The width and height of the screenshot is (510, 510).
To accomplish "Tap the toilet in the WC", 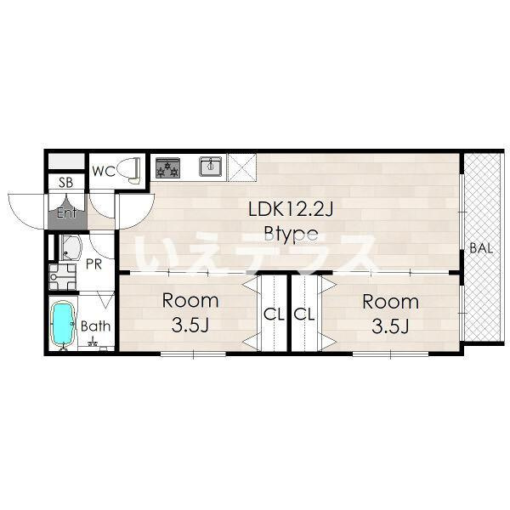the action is [x=131, y=170].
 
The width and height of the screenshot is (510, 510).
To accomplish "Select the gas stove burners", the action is [x=167, y=167].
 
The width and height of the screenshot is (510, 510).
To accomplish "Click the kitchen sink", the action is [x=211, y=166].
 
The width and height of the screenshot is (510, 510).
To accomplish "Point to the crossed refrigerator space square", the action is [x=242, y=167].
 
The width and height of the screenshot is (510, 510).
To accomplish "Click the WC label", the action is [x=104, y=171].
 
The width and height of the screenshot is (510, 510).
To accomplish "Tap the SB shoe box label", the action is [x=66, y=183].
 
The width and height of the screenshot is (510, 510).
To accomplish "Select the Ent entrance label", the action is [x=66, y=213].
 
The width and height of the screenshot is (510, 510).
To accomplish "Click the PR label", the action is [x=93, y=264].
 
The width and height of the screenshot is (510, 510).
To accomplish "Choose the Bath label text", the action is [x=95, y=326].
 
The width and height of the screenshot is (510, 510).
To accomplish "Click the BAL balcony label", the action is [x=481, y=248].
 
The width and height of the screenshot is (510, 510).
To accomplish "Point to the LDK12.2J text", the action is [x=291, y=209].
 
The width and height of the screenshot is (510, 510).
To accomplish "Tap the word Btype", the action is [x=291, y=234].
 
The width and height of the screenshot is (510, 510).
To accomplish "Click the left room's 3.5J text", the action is [x=190, y=325].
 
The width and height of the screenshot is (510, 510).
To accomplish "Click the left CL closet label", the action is [x=274, y=314].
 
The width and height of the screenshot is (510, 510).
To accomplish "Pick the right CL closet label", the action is [x=304, y=314].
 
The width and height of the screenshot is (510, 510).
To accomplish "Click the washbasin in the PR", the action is [x=71, y=247].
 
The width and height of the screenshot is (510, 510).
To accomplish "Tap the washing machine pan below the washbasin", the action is [x=62, y=277].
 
